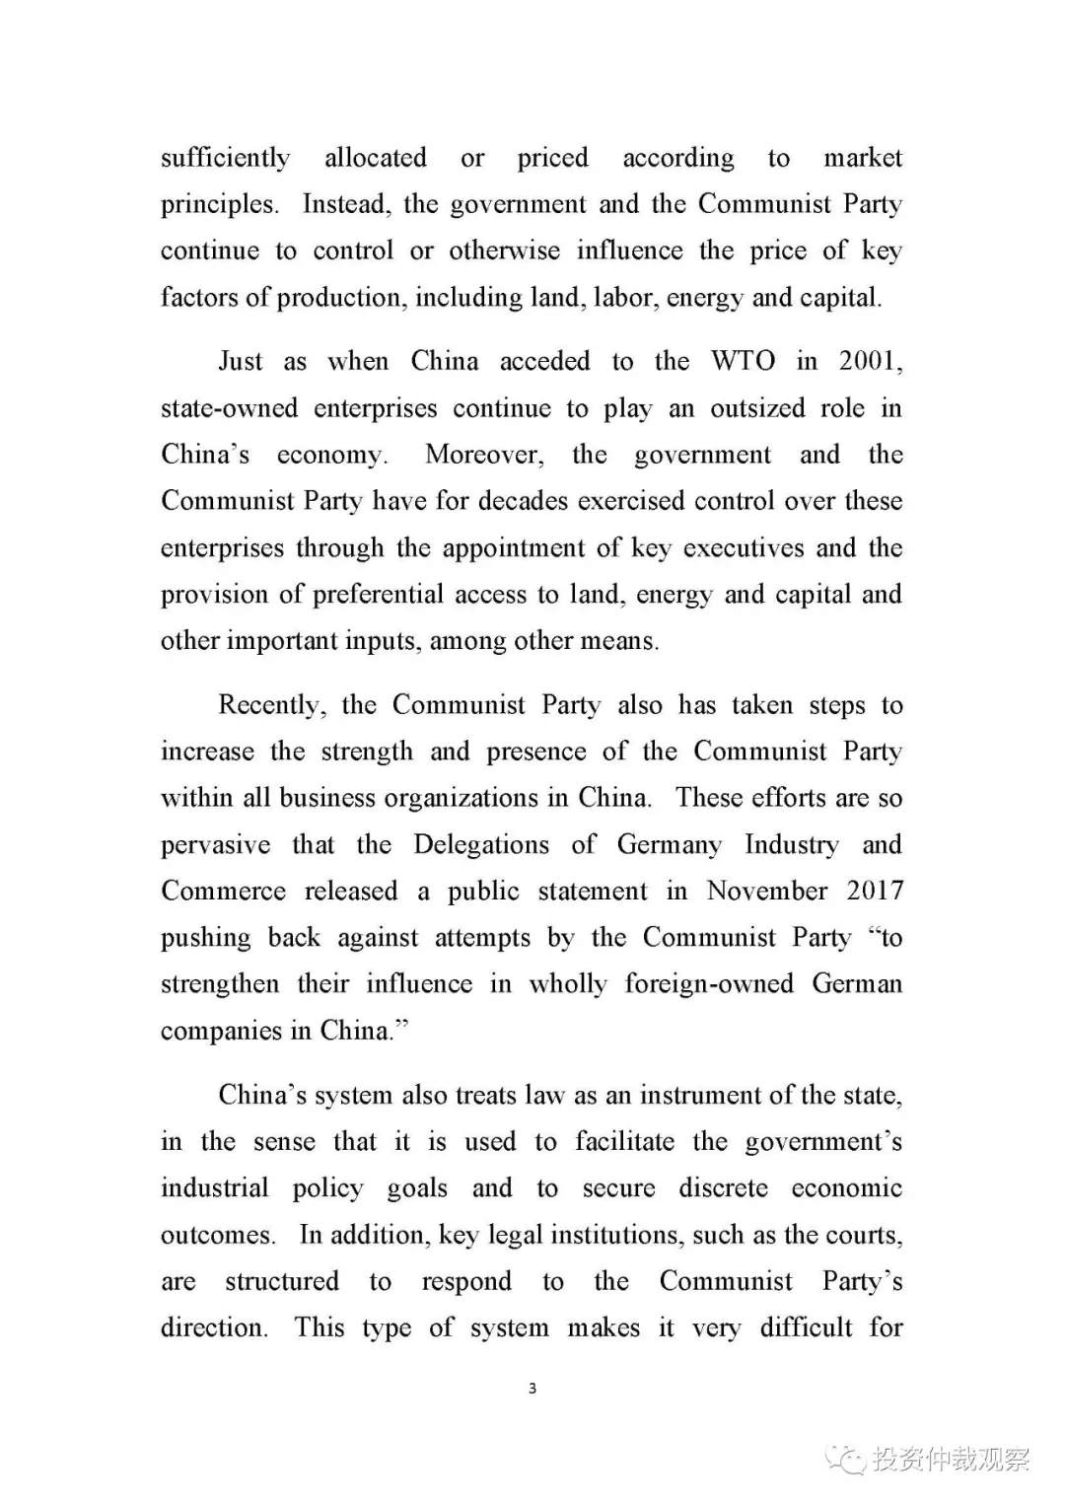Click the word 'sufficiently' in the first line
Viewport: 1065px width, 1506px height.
(225, 158)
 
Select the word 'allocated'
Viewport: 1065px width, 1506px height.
(376, 158)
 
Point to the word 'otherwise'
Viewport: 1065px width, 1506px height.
(504, 251)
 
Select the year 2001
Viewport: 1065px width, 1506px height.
(868, 361)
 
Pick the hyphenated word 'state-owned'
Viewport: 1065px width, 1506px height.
(229, 408)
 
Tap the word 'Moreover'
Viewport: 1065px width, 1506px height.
(483, 455)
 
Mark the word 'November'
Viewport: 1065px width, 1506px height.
(767, 892)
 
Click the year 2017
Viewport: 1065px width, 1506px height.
(875, 892)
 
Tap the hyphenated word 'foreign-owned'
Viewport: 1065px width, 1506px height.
(709, 984)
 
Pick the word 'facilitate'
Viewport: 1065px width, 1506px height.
(625, 1142)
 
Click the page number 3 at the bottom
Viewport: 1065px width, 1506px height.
(532, 1389)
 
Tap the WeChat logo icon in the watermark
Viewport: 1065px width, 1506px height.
(846, 1459)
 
